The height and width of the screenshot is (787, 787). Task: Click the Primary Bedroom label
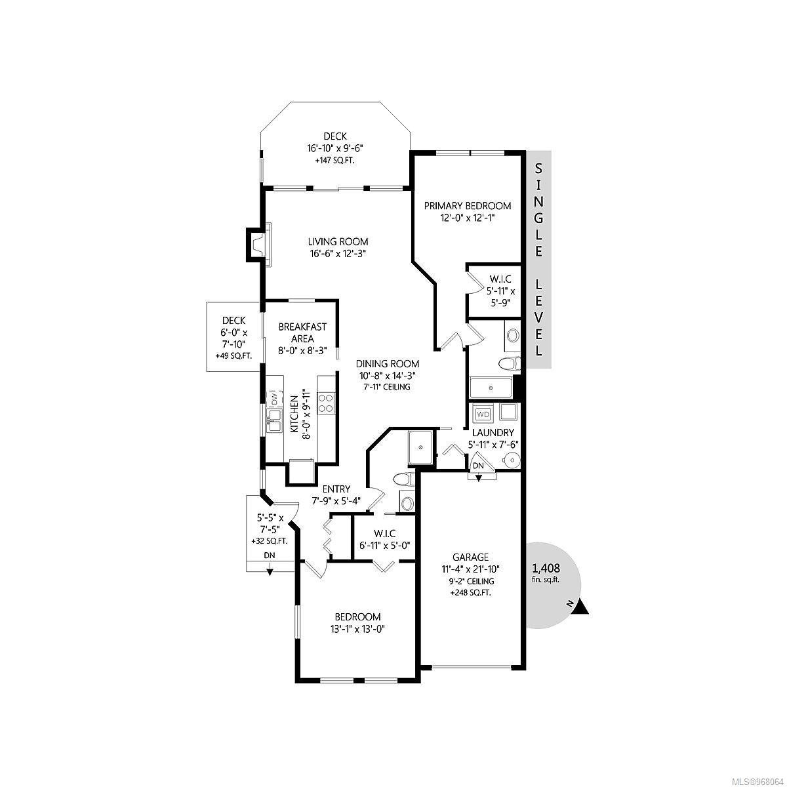[467, 206]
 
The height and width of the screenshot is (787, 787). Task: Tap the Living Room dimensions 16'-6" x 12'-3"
[337, 254]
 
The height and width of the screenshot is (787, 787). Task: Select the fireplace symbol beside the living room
[258, 245]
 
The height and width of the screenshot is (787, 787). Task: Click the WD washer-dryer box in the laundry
[483, 414]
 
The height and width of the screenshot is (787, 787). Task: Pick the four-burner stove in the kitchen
[326, 403]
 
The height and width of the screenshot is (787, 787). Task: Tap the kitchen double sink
[273, 421]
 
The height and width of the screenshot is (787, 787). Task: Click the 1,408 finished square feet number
[546, 568]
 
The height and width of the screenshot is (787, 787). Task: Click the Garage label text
[470, 557]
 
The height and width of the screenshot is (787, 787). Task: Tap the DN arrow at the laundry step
[478, 477]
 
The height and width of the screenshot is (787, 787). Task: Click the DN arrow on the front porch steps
[269, 572]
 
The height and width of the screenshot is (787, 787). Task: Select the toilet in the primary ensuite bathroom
[510, 363]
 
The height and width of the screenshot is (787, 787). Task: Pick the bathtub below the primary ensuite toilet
[490, 388]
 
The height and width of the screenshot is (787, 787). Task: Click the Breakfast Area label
[302, 333]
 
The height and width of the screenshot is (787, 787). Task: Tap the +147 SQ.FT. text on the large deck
[334, 161]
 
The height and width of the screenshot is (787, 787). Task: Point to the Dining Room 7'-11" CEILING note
[387, 387]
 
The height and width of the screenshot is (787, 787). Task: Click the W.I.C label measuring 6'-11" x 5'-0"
[384, 533]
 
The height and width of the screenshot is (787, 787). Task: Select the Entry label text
[336, 489]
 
